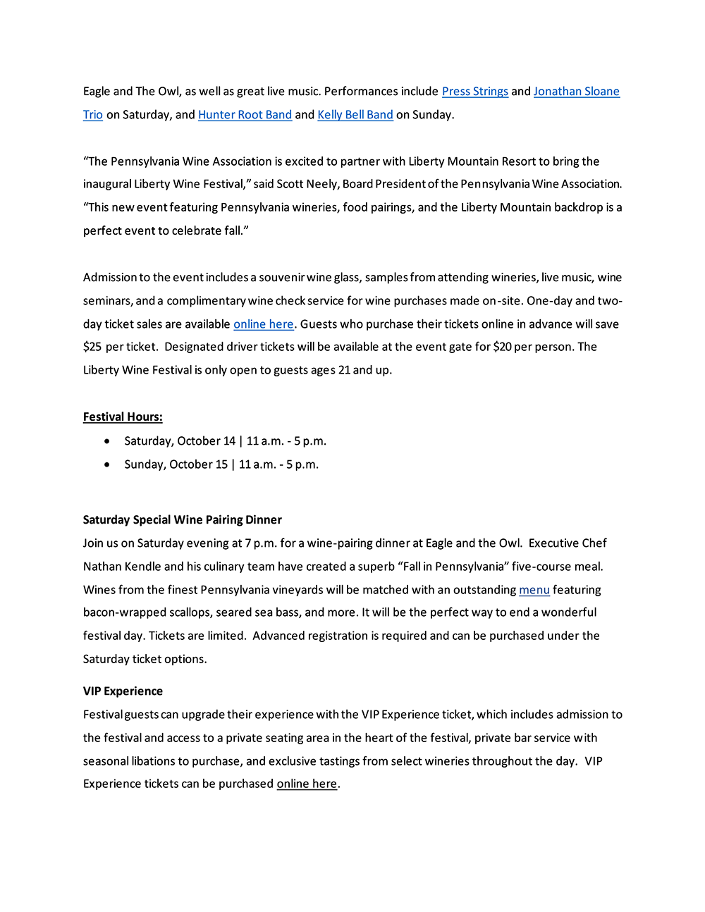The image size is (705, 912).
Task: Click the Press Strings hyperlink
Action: click(474, 92)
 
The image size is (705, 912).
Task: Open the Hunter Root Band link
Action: click(245, 115)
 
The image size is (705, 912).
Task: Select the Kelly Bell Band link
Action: click(355, 115)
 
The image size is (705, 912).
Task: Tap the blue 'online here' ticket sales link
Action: click(264, 324)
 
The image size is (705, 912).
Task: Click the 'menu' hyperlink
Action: click(534, 590)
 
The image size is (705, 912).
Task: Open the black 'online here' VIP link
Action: click(307, 784)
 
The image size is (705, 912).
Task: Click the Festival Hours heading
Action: click(123, 417)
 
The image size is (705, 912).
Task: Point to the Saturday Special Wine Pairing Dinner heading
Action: click(182, 520)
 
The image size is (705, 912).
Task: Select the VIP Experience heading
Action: click(123, 691)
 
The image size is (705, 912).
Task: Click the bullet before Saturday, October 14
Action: click(106, 441)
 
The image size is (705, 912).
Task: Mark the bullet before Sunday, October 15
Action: click(106, 464)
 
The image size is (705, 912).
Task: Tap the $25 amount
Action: click(92, 347)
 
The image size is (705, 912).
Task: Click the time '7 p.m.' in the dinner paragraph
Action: click(261, 543)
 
